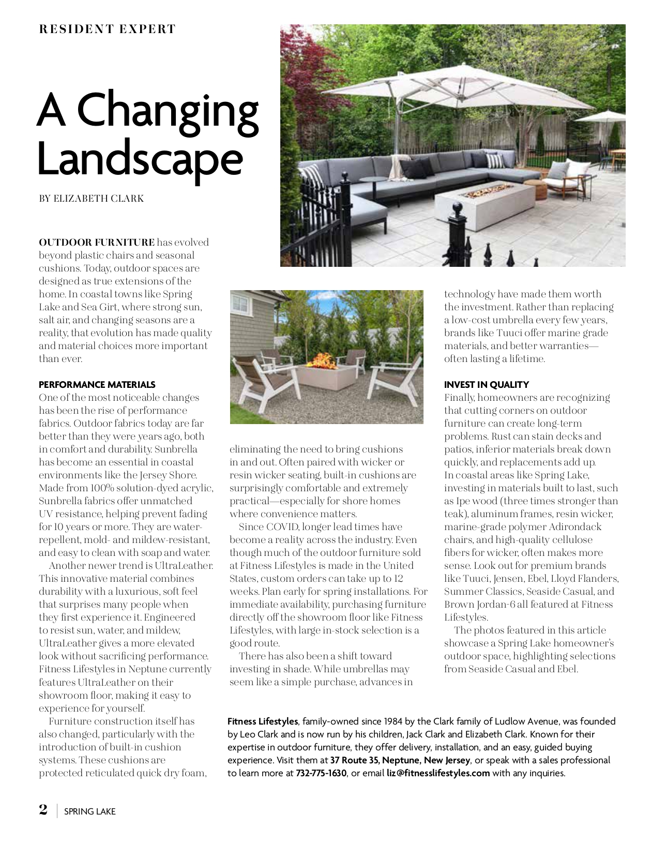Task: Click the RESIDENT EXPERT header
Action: pyautogui.click(x=108, y=29)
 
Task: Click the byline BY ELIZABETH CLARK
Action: pyautogui.click(x=92, y=199)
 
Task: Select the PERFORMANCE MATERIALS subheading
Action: pyautogui.click(x=97, y=385)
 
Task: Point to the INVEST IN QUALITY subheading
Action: pyautogui.click(x=487, y=385)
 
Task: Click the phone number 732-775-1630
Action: pyautogui.click(x=321, y=773)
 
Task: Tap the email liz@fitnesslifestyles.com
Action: pyautogui.click(x=438, y=773)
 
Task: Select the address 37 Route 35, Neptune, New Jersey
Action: pyautogui.click(x=400, y=760)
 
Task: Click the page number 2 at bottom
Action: pyautogui.click(x=43, y=810)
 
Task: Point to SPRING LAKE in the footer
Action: pyautogui.click(x=90, y=811)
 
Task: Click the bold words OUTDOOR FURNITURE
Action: pyautogui.click(x=97, y=243)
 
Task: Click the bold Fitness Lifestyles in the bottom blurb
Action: pyautogui.click(x=263, y=721)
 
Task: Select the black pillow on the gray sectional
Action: pyautogui.click(x=415, y=169)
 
